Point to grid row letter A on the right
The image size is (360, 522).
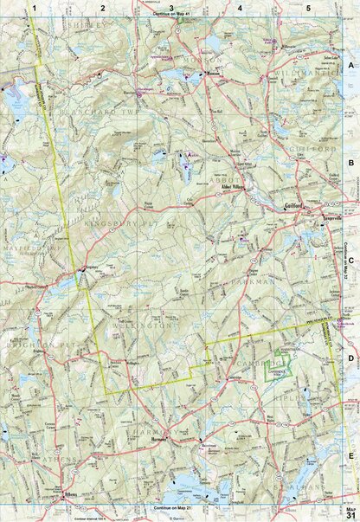pos(350,65)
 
